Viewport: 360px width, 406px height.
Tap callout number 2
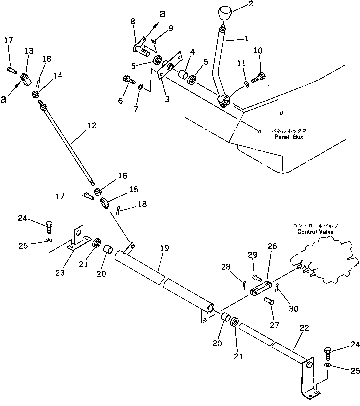click(251, 6)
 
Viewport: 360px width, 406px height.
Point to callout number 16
click(123, 176)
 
